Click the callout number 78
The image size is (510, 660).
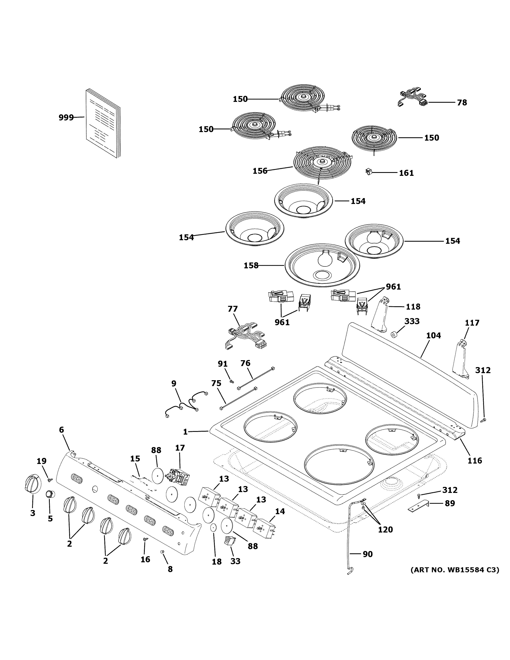point(462,102)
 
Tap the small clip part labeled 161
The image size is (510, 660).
point(368,172)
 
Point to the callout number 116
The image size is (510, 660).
point(475,461)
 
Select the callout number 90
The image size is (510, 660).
point(367,554)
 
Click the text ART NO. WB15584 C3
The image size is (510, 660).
point(454,570)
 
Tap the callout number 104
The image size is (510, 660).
point(434,335)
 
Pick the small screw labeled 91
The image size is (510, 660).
point(232,381)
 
